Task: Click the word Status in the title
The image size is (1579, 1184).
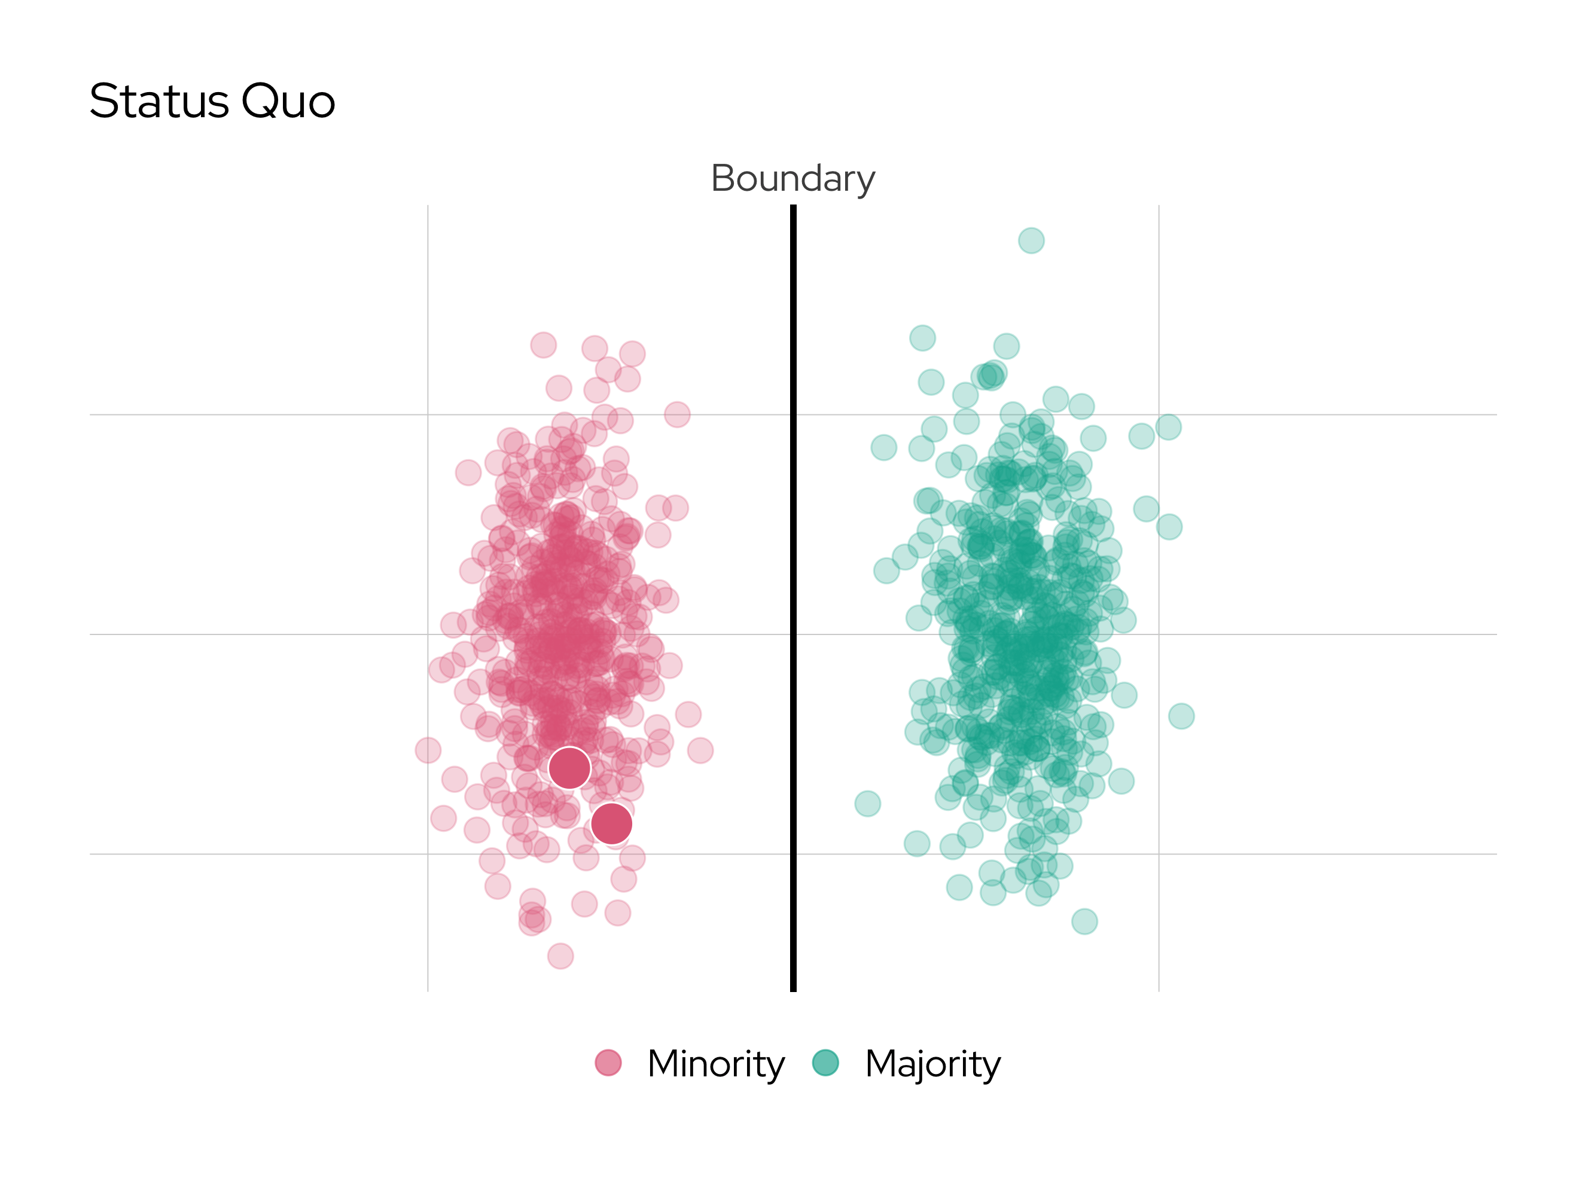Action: point(158,101)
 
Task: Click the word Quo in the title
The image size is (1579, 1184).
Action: point(288,101)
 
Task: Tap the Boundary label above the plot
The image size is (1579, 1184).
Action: point(792,178)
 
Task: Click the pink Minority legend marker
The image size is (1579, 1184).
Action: point(608,1063)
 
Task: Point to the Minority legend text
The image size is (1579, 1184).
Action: point(716,1064)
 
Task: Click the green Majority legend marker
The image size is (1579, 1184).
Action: point(826,1063)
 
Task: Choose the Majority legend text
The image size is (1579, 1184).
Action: point(933,1064)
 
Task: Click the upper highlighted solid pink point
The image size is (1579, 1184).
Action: point(569,768)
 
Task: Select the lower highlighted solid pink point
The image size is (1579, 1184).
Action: point(612,823)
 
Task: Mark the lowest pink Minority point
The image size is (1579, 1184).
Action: point(560,956)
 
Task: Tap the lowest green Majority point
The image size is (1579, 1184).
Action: point(1084,921)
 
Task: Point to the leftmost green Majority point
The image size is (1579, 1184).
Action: point(867,804)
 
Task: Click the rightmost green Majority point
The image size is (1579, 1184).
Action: point(1181,716)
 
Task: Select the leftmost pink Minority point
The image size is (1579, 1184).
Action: point(428,750)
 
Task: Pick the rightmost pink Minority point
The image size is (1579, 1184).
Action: point(700,750)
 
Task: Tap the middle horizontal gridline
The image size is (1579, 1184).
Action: point(214,634)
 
